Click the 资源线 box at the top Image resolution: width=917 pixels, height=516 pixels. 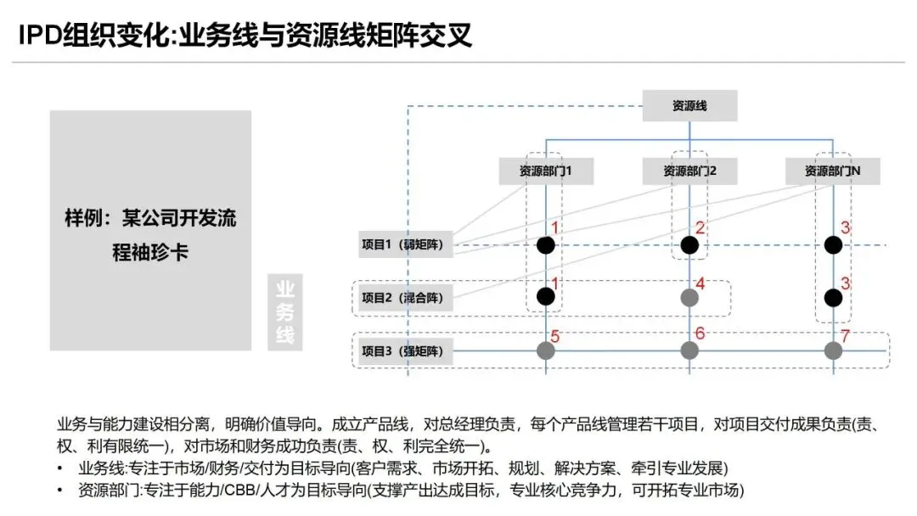689,106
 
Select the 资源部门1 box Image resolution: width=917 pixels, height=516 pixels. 546,171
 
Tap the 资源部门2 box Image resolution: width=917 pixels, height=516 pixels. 689,171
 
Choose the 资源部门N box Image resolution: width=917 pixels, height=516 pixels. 832,171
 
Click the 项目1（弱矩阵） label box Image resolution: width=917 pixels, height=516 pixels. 407,245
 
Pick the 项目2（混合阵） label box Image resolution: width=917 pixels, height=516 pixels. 407,298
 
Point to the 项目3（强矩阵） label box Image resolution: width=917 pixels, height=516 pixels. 407,351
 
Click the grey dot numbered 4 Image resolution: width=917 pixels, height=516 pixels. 689,298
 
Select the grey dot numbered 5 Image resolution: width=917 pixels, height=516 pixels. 546,351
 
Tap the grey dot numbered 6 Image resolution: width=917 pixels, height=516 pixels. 689,351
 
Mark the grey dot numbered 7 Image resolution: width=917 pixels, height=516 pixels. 833,351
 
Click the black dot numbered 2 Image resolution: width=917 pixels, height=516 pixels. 689,245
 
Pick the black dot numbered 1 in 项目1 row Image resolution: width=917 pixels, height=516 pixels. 546,245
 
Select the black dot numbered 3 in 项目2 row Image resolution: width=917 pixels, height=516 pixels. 833,298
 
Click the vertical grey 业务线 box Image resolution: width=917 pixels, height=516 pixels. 284,311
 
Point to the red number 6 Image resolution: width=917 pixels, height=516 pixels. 700,334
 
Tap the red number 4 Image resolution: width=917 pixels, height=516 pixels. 700,283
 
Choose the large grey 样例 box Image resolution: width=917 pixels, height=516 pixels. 150,230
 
